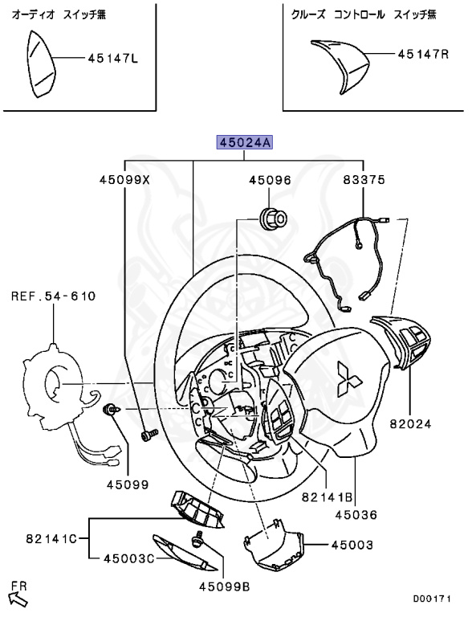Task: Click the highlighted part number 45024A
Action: click(x=245, y=142)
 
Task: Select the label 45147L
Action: click(x=113, y=59)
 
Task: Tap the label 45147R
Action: click(x=423, y=54)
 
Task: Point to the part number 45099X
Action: click(x=124, y=180)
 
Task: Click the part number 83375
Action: click(x=364, y=180)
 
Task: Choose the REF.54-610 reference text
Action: click(x=53, y=296)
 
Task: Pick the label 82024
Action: click(x=411, y=424)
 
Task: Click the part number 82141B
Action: click(x=328, y=497)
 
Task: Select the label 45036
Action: click(x=356, y=515)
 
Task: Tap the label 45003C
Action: click(x=129, y=558)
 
